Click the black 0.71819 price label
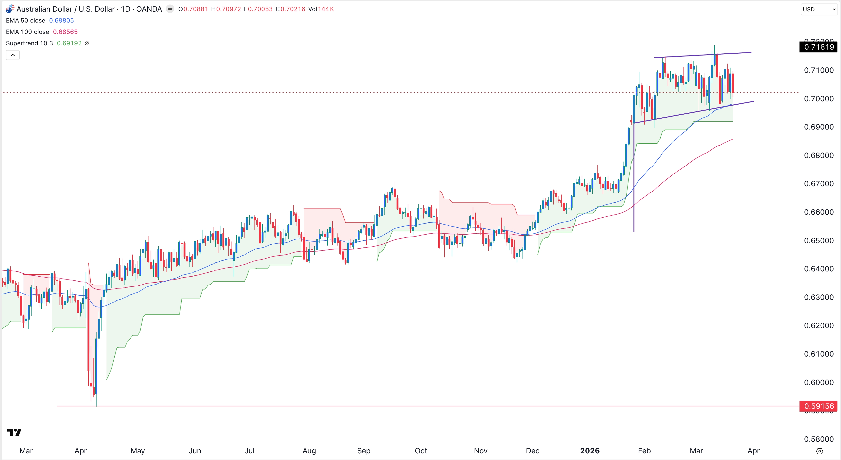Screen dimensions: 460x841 (x=818, y=47)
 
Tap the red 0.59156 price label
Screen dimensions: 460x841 (x=818, y=406)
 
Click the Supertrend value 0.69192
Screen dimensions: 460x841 (x=69, y=43)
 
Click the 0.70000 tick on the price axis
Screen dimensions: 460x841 (x=818, y=99)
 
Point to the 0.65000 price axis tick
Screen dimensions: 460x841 (x=818, y=241)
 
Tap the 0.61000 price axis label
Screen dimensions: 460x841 (x=818, y=354)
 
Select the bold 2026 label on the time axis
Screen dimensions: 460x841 (x=590, y=451)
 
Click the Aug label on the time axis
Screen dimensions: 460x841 (x=309, y=451)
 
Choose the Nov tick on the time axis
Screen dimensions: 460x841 (x=481, y=451)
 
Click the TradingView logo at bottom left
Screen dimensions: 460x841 (x=14, y=432)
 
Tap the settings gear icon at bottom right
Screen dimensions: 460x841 (x=819, y=451)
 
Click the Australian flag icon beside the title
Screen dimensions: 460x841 (x=10, y=9)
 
